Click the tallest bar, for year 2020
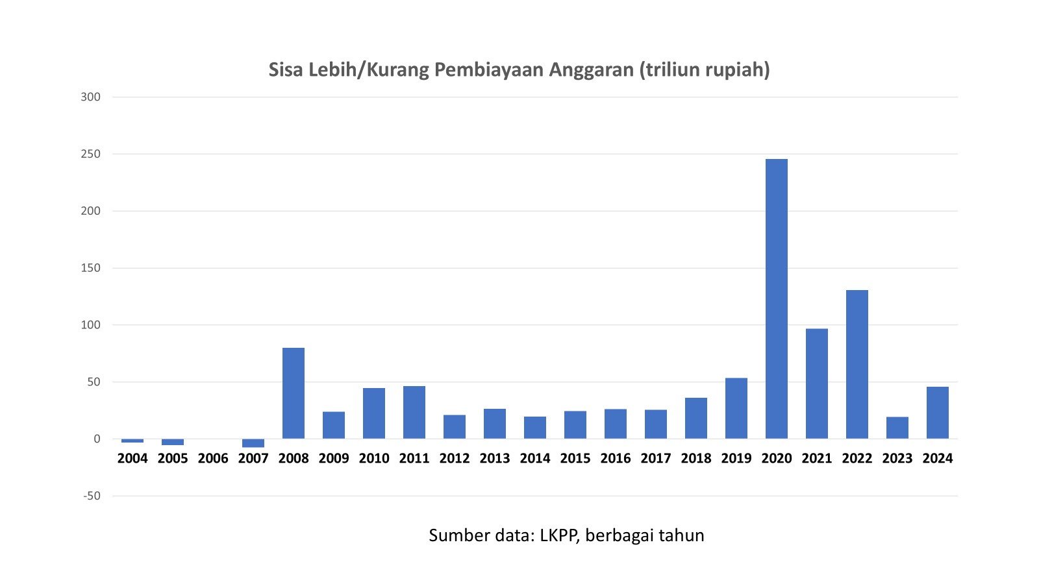pyautogui.click(x=776, y=298)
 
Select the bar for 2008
pyautogui.click(x=294, y=393)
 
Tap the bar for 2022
pyautogui.click(x=857, y=364)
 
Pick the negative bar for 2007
pyautogui.click(x=253, y=443)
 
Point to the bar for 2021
pyautogui.click(x=816, y=383)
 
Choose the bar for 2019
pyautogui.click(x=736, y=408)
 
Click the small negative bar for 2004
pyautogui.click(x=132, y=441)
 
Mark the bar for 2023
pyautogui.click(x=897, y=428)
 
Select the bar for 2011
pyautogui.click(x=414, y=412)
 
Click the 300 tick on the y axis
pyautogui.click(x=91, y=97)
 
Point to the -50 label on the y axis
pyautogui.click(x=92, y=496)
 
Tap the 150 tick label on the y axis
pyautogui.click(x=91, y=268)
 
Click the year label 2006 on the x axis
pyautogui.click(x=213, y=459)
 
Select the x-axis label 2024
pyautogui.click(x=937, y=459)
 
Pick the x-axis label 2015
pyautogui.click(x=575, y=459)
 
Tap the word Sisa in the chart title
pyautogui.click(x=286, y=69)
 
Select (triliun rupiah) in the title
pyautogui.click(x=705, y=70)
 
